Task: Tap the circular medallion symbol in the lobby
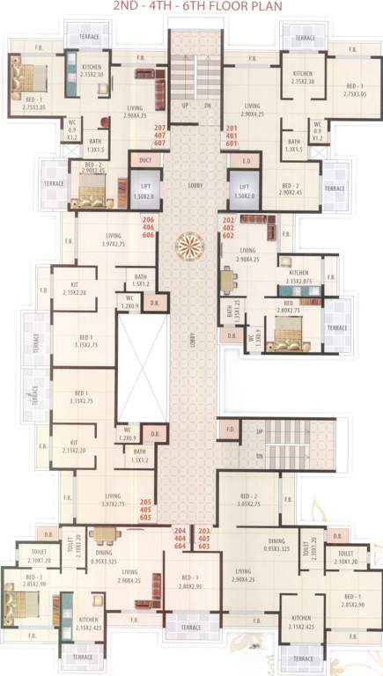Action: point(191,244)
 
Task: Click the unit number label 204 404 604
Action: point(180,539)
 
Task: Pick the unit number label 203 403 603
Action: point(203,539)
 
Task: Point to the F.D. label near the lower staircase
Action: point(229,430)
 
